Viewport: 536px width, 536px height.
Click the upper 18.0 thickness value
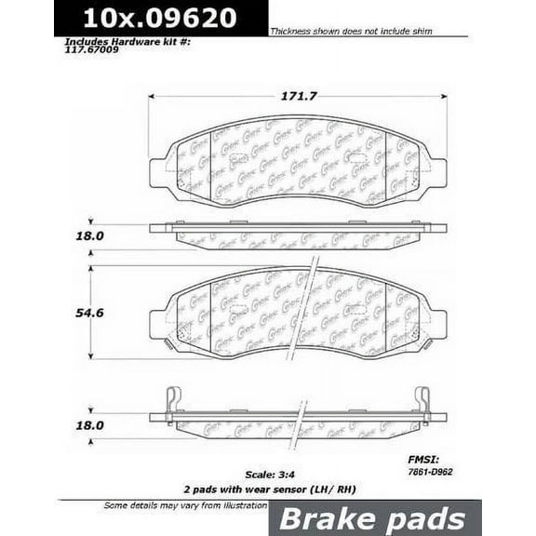click(x=89, y=235)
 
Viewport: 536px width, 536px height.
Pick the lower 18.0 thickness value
click(x=89, y=422)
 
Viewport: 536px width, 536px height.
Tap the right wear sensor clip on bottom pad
click(x=423, y=400)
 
